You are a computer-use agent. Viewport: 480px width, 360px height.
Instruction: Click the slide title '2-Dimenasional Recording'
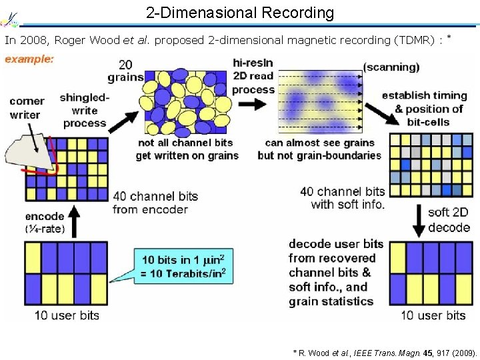(x=240, y=12)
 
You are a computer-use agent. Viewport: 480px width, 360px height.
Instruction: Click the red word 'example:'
(x=30, y=59)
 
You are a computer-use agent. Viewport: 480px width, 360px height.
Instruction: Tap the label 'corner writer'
(x=27, y=108)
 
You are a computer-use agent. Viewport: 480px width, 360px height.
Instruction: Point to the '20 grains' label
(x=125, y=71)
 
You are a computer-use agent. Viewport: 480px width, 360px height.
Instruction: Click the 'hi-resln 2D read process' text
(x=253, y=76)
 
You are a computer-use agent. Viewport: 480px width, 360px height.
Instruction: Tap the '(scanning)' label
(x=391, y=67)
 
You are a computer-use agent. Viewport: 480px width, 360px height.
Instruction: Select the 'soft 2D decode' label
(x=449, y=220)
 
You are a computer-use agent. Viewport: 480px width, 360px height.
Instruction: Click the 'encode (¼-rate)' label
(x=45, y=223)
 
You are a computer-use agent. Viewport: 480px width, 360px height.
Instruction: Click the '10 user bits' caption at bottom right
(x=433, y=315)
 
